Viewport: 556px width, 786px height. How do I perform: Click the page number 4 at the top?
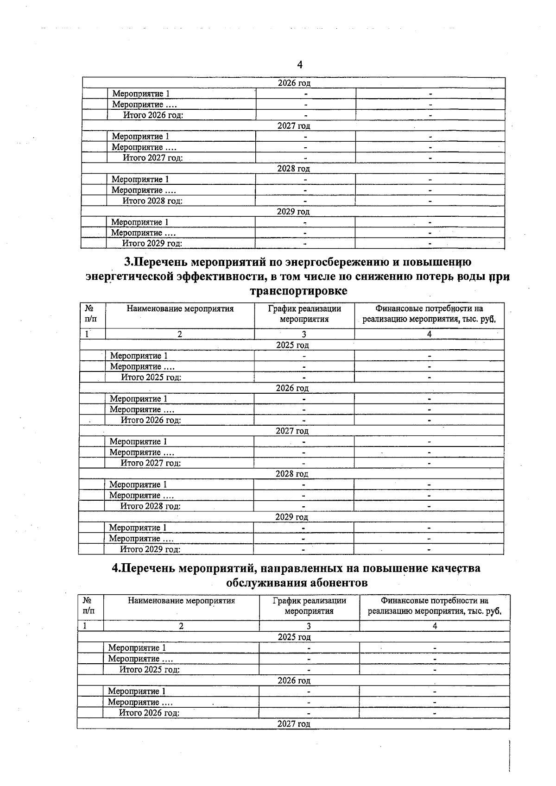tap(300, 64)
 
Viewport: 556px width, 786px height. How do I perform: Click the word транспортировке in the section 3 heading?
tap(298, 291)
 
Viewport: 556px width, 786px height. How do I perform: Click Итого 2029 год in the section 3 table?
tap(150, 549)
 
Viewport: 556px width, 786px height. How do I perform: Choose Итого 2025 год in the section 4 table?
tap(149, 669)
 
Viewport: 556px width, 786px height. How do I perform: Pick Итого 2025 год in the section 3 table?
tap(151, 377)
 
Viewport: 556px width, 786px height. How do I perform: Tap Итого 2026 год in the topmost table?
tap(153, 115)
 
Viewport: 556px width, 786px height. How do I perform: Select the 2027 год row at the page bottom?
tap(294, 723)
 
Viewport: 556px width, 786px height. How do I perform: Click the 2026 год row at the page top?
tap(294, 83)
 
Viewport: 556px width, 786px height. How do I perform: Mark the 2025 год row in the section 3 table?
tap(292, 345)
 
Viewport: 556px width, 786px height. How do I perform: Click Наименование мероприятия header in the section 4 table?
tap(181, 601)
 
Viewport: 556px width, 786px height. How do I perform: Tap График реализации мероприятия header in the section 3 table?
tap(304, 314)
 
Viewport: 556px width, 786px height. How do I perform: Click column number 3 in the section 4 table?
tap(309, 626)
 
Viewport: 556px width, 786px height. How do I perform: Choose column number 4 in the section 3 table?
tap(429, 334)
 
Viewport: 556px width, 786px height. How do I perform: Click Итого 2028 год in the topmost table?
tap(152, 201)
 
